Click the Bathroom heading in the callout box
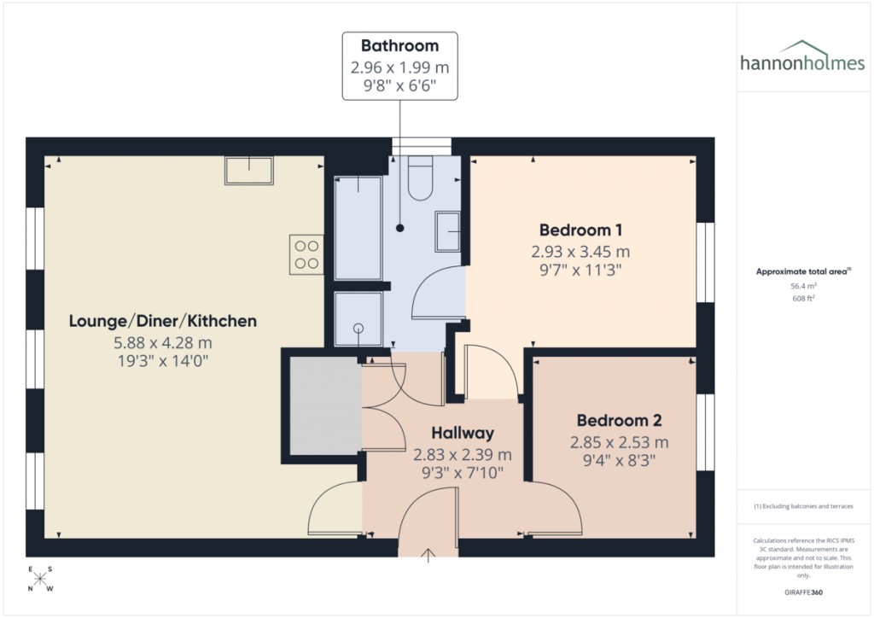[399, 46]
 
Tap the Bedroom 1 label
[580, 230]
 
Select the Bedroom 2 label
[619, 421]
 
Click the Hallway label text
[463, 433]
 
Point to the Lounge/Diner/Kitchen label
[162, 321]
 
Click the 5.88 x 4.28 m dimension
[162, 342]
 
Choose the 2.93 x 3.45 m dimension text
[580, 252]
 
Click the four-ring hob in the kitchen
[307, 254]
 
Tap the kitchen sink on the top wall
[248, 171]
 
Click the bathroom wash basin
[448, 231]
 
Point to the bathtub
[358, 228]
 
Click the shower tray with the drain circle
[358, 320]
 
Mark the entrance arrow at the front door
[428, 555]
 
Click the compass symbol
[39, 579]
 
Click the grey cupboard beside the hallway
[325, 405]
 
